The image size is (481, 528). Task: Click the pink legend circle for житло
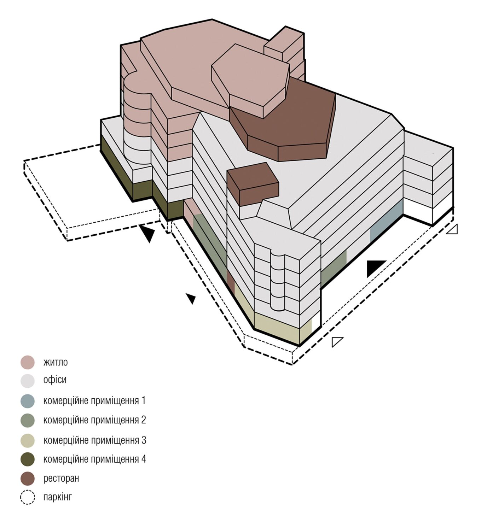(28, 362)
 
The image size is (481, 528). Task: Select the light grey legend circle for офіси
(28, 381)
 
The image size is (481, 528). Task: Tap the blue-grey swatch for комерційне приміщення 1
(28, 401)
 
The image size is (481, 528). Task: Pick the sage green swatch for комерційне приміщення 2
(28, 420)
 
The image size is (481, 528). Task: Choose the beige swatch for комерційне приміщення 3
(28, 440)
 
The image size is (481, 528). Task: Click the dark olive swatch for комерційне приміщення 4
(28, 459)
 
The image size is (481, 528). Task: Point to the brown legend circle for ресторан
(28, 479)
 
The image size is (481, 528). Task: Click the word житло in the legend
(56, 363)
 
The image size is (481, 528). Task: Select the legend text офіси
(55, 380)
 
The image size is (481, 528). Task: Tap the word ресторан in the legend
(61, 479)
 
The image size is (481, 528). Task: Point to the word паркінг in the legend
(57, 497)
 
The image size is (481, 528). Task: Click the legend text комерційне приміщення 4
(94, 459)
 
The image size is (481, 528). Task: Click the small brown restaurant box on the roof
(253, 184)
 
